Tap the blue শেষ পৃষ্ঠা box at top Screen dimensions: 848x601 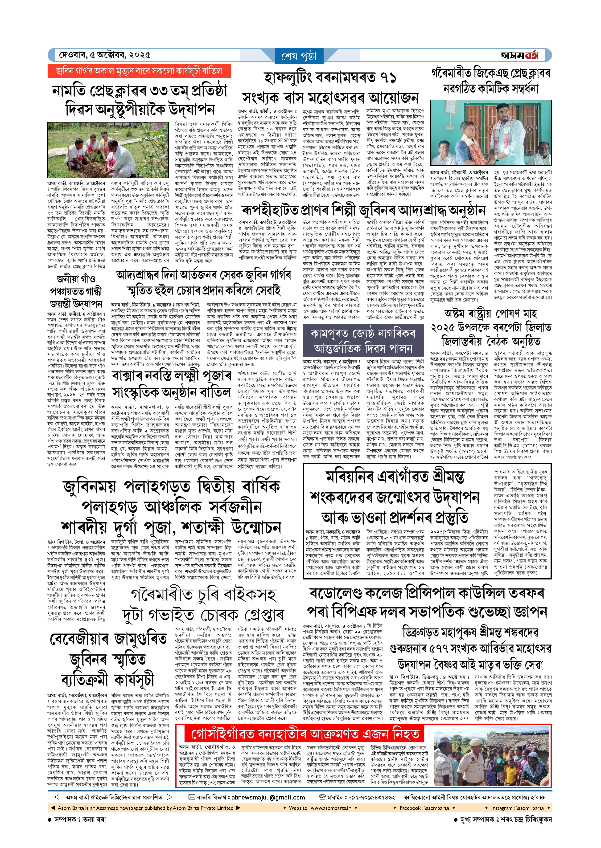[x=299, y=56]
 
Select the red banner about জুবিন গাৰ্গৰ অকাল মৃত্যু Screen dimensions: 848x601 [x=139, y=71]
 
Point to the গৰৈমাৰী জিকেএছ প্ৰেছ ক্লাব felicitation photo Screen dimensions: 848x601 [x=491, y=132]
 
